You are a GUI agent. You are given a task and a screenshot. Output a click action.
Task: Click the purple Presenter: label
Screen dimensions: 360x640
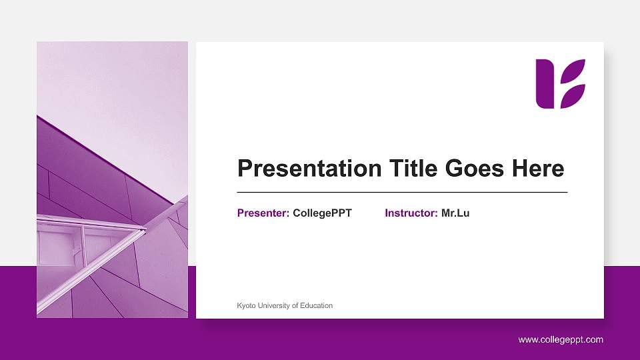point(263,213)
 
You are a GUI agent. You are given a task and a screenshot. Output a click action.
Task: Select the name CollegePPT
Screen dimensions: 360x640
point(322,213)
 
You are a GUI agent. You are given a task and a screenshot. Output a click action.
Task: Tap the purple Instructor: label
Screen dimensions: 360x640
point(411,213)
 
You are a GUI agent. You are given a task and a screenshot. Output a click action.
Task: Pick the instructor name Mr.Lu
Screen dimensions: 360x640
point(455,213)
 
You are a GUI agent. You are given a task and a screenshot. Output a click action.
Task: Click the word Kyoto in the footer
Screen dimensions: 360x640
point(246,305)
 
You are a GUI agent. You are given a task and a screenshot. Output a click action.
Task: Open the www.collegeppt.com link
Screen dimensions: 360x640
point(561,340)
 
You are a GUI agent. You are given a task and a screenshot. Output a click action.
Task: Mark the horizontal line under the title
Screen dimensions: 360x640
point(402,192)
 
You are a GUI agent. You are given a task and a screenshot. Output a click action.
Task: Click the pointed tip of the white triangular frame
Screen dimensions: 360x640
point(144,231)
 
